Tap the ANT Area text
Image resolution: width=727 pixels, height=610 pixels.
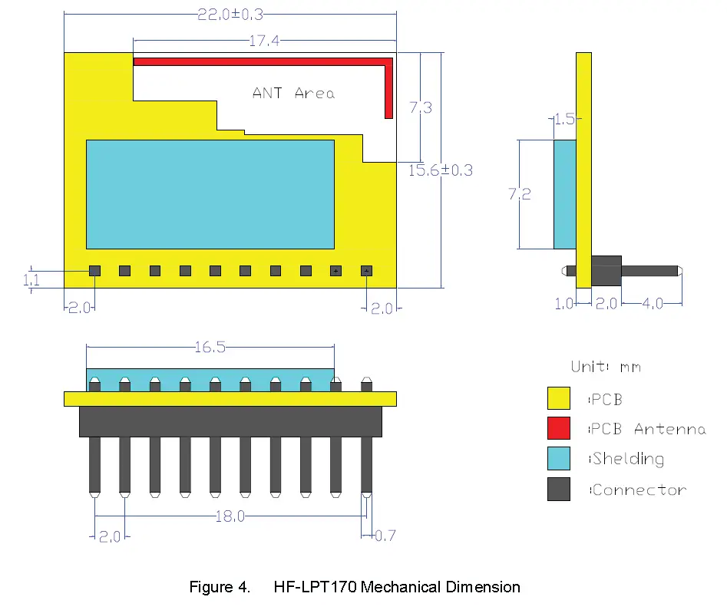click(293, 93)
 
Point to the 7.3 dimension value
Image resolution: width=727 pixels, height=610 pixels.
click(420, 108)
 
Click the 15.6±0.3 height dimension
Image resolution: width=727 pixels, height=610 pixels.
click(440, 170)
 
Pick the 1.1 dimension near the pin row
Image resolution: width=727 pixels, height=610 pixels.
click(31, 281)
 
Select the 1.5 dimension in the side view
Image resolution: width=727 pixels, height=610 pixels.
click(563, 119)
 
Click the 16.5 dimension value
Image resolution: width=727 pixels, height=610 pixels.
click(210, 348)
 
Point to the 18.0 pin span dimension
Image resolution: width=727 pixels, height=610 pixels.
click(230, 516)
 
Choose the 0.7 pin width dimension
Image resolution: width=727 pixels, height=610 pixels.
click(385, 535)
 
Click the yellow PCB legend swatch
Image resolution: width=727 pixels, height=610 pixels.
click(559, 398)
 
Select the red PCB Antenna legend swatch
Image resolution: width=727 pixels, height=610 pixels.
click(559, 428)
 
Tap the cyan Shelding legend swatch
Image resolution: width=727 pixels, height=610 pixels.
click(559, 459)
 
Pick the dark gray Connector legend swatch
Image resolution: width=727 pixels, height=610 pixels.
click(559, 490)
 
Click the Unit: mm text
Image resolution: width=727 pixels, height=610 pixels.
click(606, 367)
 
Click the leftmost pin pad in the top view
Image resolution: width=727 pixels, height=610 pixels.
click(94, 271)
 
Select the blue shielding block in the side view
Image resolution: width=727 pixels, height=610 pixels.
click(564, 195)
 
